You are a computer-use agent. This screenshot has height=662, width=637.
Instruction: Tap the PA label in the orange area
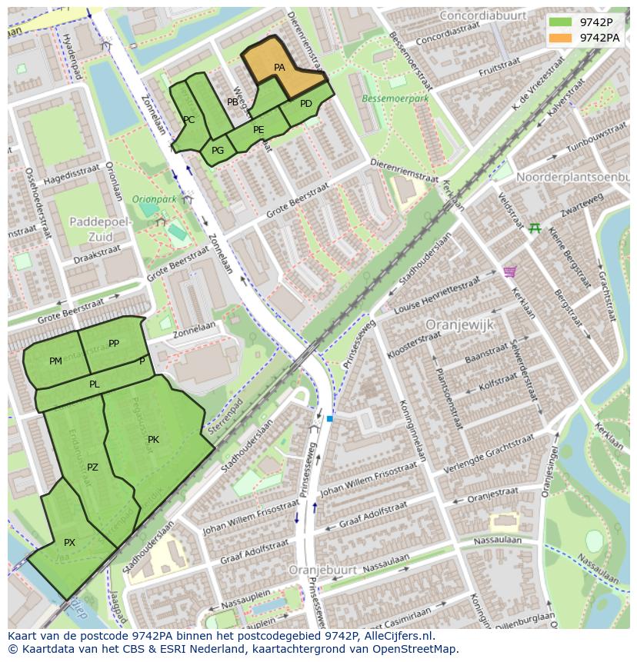279,68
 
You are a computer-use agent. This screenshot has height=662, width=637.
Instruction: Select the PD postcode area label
305,104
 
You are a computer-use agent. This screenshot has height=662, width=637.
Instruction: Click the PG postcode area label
218,151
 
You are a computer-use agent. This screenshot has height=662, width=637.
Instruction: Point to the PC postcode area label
188,120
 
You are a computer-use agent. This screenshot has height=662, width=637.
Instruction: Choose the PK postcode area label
153,440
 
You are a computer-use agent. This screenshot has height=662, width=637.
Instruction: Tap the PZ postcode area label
92,467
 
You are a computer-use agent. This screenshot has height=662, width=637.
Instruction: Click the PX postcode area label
69,543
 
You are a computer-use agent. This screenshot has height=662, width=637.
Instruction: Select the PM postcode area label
55,361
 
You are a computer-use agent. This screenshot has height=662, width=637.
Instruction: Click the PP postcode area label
114,344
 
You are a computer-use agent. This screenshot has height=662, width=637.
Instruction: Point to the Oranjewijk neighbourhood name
459,325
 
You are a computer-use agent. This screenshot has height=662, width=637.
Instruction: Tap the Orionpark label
154,199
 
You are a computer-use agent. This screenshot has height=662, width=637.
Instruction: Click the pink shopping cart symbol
509,271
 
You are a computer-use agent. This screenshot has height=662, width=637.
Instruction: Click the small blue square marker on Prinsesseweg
329,418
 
